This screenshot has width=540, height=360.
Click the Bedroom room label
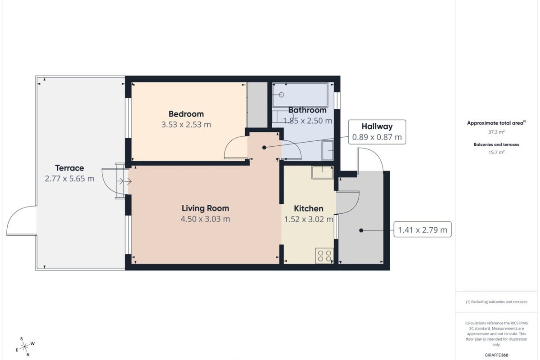[x=186, y=114]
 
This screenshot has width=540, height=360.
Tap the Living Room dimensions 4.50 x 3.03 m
[x=205, y=219]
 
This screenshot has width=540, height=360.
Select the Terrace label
[x=69, y=168]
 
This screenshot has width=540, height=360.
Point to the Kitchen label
[x=309, y=208]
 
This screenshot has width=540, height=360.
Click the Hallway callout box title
[x=377, y=126]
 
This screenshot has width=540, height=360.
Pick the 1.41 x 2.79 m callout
[x=423, y=230]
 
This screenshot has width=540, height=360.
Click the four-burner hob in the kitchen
[x=324, y=256]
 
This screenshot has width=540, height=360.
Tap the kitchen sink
[x=323, y=172]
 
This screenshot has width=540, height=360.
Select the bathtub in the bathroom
[x=300, y=95]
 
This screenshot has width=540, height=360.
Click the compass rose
[x=25, y=347]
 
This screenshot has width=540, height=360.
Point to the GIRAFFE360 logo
[x=496, y=355]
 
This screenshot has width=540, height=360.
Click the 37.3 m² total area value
[x=496, y=132]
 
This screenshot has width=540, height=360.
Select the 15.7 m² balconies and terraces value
[x=496, y=152]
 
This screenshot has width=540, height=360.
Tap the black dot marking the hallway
[x=264, y=148]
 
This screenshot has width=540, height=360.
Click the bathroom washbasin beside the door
[x=328, y=151]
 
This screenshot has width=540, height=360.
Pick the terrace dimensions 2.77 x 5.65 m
[x=69, y=179]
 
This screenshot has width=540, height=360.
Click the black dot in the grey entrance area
[x=361, y=230]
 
